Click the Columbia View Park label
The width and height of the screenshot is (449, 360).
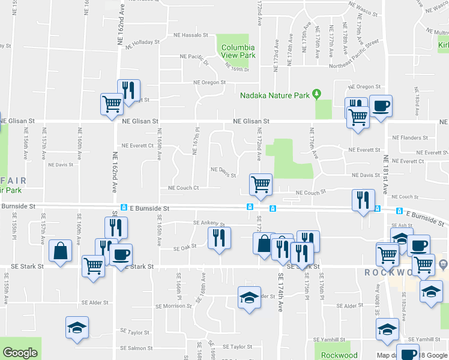(x=238, y=52)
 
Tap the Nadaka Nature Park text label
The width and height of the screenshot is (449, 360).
(x=275, y=95)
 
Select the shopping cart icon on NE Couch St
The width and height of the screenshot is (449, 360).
(x=261, y=184)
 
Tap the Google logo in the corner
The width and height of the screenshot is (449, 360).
(x=20, y=353)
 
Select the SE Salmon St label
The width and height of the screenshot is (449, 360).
(x=136, y=348)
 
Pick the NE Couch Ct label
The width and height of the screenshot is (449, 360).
(x=183, y=188)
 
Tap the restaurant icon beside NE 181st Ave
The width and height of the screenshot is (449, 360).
(x=363, y=200)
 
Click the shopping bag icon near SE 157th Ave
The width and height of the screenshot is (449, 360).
(x=61, y=251)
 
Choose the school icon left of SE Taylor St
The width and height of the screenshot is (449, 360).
(x=76, y=328)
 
